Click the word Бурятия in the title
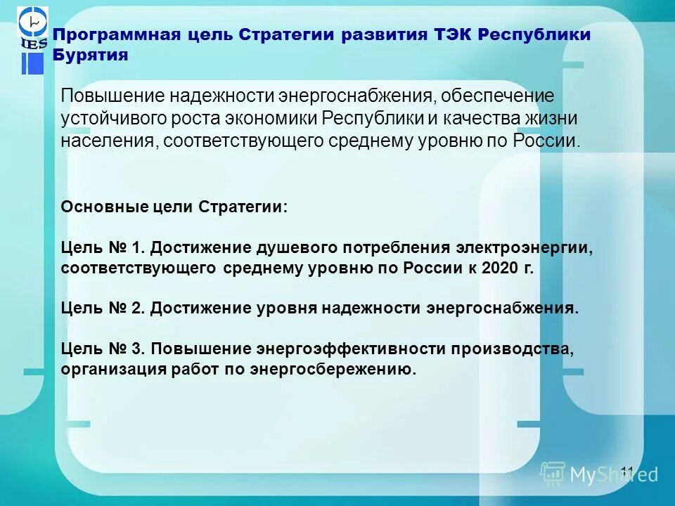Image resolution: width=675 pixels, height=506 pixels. [x=90, y=56]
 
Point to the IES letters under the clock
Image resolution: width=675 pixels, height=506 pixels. [x=33, y=44]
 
